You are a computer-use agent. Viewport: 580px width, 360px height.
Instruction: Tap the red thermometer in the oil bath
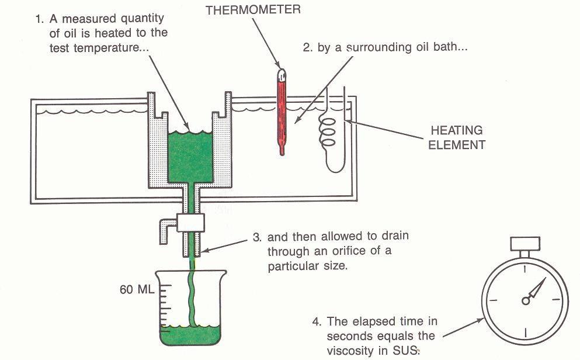click(x=283, y=111)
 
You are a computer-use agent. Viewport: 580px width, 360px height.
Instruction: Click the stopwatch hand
click(x=538, y=289)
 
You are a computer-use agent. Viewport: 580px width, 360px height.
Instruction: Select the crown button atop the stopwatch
click(x=525, y=242)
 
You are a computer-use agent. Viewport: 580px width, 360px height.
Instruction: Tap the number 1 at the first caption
click(x=39, y=19)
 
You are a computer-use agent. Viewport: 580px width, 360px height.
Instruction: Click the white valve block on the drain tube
click(x=189, y=221)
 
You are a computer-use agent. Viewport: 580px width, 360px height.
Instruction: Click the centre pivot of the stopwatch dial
click(x=526, y=300)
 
